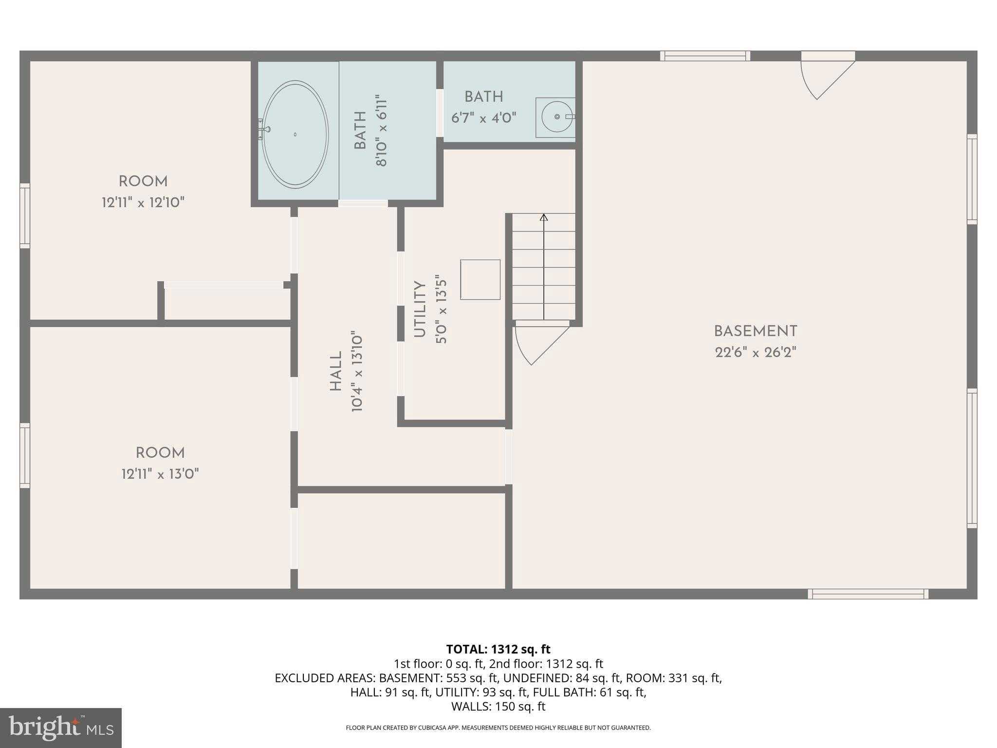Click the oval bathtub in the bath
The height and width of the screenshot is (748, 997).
click(295, 134)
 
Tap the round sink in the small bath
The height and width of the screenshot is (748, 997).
click(557, 117)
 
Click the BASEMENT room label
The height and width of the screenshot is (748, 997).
click(755, 332)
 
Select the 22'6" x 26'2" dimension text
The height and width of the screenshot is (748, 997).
click(755, 353)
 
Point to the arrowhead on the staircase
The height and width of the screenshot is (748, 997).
click(544, 217)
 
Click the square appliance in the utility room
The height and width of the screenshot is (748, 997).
click(480, 280)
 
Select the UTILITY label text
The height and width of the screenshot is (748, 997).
click(420, 310)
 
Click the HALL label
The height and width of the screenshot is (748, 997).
click(336, 372)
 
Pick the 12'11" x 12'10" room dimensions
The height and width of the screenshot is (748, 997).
click(143, 203)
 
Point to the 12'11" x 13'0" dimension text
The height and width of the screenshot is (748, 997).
click(160, 474)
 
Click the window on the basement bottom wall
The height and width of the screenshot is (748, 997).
click(868, 594)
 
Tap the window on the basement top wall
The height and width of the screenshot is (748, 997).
click(704, 56)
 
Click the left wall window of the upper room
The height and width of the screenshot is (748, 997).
click(25, 216)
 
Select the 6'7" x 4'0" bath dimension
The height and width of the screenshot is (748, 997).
click(483, 118)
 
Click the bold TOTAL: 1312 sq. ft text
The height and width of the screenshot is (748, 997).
click(498, 649)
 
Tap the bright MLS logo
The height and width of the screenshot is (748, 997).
click(61, 728)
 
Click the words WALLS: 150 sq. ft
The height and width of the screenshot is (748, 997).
click(498, 706)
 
